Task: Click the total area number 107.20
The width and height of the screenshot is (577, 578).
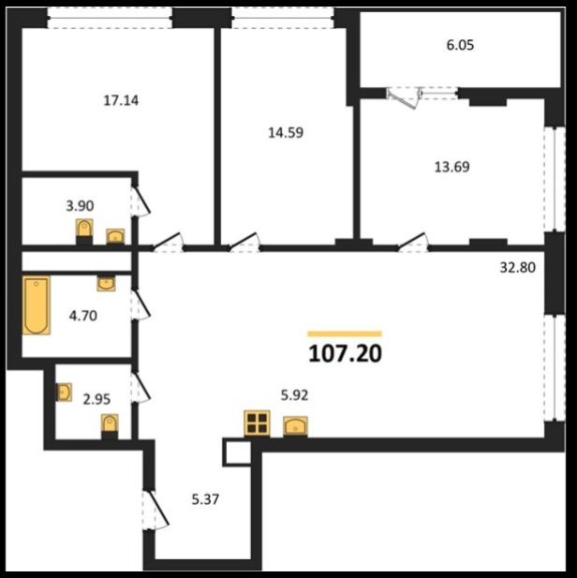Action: point(345,353)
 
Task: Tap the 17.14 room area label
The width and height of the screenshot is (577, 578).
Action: point(121,100)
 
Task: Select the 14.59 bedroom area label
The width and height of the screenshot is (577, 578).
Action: point(286,133)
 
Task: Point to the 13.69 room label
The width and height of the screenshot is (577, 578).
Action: point(452,167)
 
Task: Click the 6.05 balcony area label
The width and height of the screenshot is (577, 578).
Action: point(460,45)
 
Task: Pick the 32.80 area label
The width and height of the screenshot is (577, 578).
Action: point(518,267)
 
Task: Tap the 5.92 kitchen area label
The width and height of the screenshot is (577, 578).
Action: point(294,395)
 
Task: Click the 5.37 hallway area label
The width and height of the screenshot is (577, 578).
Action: point(205,499)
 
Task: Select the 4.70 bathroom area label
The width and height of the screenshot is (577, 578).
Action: point(83,316)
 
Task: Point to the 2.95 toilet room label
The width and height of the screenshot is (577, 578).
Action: point(96,399)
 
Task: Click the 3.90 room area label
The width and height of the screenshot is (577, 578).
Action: point(80,206)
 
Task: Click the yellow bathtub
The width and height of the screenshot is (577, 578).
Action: point(37,305)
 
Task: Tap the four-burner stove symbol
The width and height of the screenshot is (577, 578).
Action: point(257,423)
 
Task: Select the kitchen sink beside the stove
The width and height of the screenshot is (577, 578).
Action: point(295,426)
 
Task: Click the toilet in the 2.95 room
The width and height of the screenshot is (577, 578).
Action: point(110,425)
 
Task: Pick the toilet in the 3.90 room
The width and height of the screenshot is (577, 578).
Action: point(84,231)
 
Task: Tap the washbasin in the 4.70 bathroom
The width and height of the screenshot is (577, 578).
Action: point(106,284)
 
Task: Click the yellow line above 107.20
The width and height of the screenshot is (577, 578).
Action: point(345,334)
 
